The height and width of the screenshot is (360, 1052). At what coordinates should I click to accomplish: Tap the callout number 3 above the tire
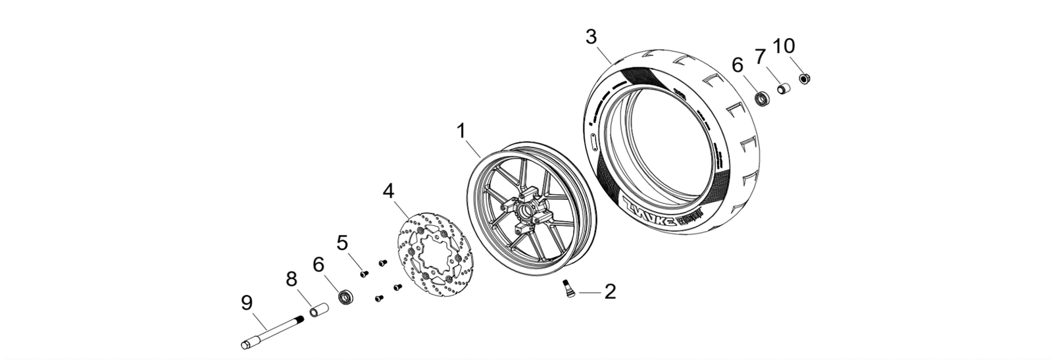coord(592,36)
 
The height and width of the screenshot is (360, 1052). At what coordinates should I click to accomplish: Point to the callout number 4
coord(389,192)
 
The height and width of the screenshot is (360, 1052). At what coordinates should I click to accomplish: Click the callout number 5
coord(342,243)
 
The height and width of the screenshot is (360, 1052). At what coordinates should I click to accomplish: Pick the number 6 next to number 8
coord(318,265)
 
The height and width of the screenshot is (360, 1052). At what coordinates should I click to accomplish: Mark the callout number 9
coord(247,303)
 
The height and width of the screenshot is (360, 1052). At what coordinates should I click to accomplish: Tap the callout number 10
coord(784,46)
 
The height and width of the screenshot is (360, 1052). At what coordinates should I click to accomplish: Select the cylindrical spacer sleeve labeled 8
coord(318,309)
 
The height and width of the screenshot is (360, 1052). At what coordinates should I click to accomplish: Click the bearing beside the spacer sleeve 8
coord(346,296)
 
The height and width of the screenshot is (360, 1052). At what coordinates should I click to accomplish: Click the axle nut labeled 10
coord(803,79)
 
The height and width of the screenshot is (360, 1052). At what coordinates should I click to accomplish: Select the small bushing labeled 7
coord(783,88)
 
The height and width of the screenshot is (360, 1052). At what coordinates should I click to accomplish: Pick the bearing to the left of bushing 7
coord(762,99)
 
